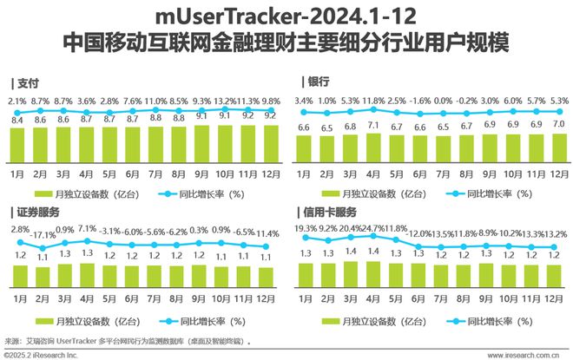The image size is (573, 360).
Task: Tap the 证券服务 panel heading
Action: pyautogui.click(x=38, y=211)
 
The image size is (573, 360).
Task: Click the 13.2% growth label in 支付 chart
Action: pyautogui.click(x=226, y=102)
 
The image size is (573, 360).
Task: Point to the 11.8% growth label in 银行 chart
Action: pyautogui.click(x=373, y=101)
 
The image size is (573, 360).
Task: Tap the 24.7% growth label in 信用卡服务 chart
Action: pyautogui.click(x=373, y=228)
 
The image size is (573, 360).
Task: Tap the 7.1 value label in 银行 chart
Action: pyautogui.click(x=373, y=126)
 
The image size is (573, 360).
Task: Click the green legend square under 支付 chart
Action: pyautogui.click(x=42, y=193)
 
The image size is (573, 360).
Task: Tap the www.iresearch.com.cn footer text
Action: pyautogui.click(x=518, y=354)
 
